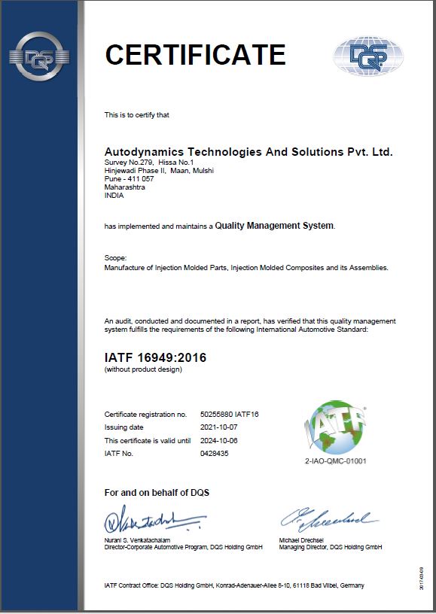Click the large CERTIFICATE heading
click(x=195, y=55)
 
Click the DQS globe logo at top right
click(x=367, y=55)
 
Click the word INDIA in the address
click(x=114, y=195)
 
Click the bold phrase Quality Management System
click(x=274, y=225)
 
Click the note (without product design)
click(x=143, y=369)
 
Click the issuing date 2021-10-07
click(x=219, y=427)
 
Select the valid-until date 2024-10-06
click(x=219, y=440)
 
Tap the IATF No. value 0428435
click(x=215, y=453)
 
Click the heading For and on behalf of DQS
click(x=157, y=493)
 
